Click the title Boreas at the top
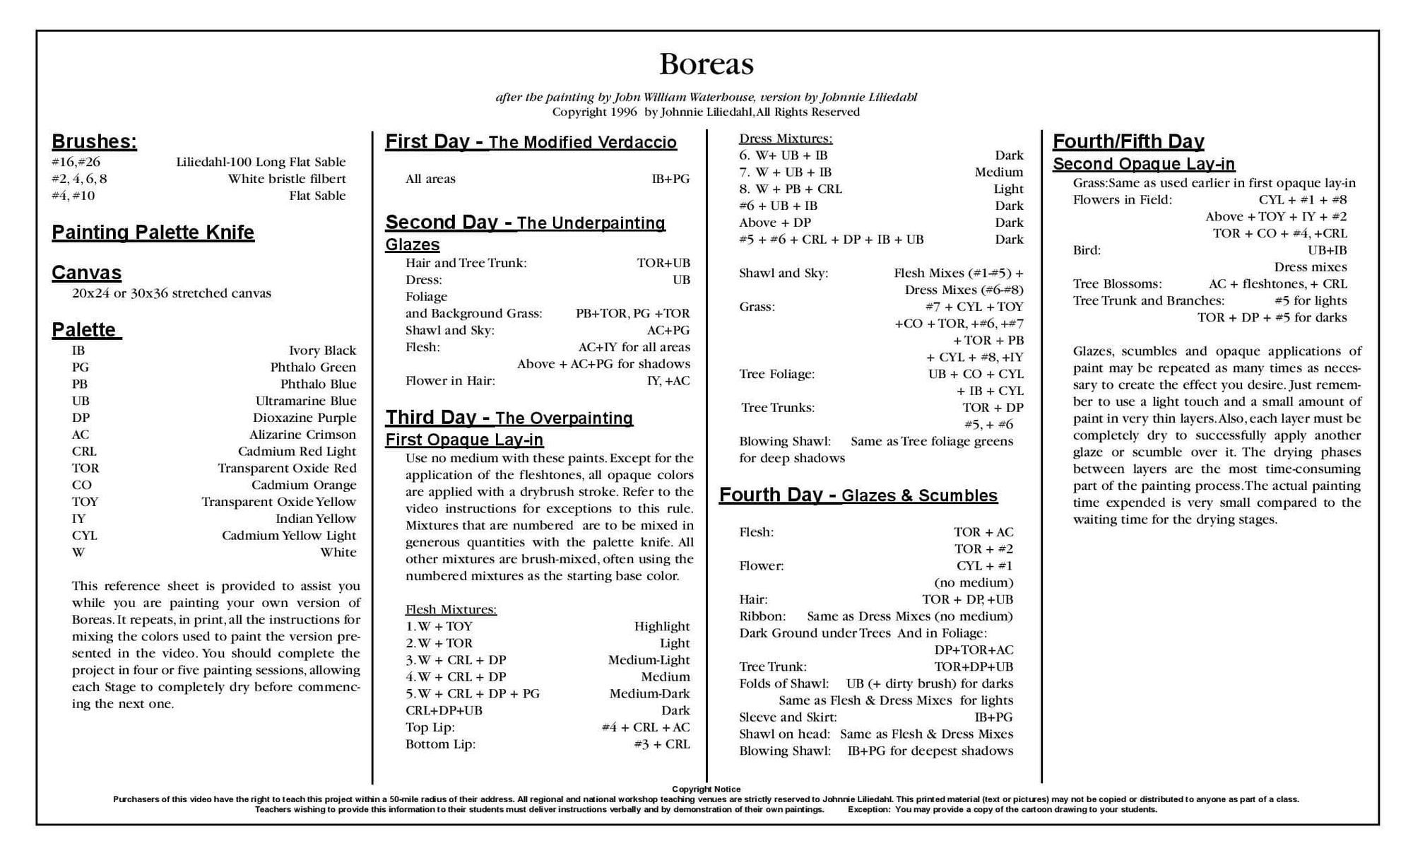(x=706, y=64)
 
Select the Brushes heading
(x=94, y=141)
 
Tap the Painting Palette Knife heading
(x=153, y=233)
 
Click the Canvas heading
(x=86, y=273)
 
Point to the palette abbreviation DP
(x=81, y=418)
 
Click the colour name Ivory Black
(x=322, y=351)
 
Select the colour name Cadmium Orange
(x=304, y=485)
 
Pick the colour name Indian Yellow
(x=316, y=519)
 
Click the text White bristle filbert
(x=286, y=179)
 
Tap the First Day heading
(x=531, y=142)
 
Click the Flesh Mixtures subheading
(x=451, y=609)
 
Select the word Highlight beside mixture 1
(x=661, y=626)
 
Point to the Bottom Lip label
(x=440, y=744)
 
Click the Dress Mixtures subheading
(x=785, y=139)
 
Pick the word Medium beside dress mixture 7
(x=998, y=172)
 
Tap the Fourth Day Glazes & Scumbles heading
(x=858, y=495)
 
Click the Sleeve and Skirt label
(x=788, y=717)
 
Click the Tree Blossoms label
(x=1117, y=284)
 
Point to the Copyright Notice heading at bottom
(x=706, y=789)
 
